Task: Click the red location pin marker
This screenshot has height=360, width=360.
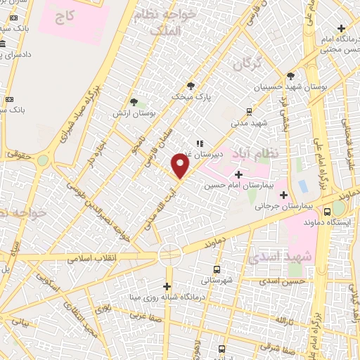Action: [x=181, y=166]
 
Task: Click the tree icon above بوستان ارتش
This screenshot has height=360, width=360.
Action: [x=134, y=102]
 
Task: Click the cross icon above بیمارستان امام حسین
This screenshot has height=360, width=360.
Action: [x=238, y=174]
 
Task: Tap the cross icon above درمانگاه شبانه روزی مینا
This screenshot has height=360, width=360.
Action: [x=167, y=286]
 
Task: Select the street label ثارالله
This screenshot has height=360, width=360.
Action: [x=282, y=321]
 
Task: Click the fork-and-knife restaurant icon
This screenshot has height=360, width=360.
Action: [x=200, y=143]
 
